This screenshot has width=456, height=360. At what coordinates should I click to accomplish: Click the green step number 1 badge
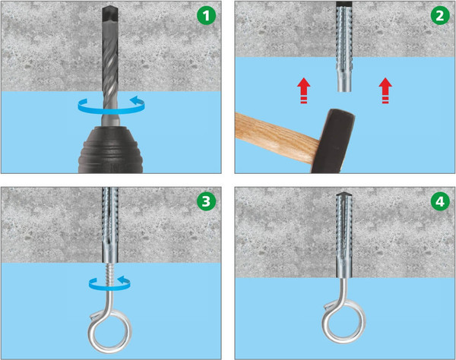[x=206, y=16]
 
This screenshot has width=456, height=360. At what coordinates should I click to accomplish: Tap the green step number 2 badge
[x=440, y=16]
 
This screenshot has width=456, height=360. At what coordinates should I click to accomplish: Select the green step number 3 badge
[x=206, y=201]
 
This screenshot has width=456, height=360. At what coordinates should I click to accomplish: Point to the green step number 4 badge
[x=440, y=201]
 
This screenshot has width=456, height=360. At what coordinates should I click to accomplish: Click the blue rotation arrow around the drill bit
[x=112, y=106]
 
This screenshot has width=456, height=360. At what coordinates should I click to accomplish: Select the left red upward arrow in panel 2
[x=303, y=90]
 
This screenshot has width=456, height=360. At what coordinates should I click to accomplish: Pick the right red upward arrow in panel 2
[x=385, y=90]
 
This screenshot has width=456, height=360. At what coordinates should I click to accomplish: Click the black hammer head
[x=334, y=141]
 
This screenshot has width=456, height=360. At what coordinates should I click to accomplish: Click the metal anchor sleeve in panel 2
[x=344, y=49]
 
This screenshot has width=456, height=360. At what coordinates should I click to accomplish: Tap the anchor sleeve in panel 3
[x=110, y=225]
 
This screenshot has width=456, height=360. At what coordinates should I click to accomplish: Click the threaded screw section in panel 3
[x=110, y=275]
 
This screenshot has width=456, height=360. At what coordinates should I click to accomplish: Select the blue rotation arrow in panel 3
[x=109, y=283]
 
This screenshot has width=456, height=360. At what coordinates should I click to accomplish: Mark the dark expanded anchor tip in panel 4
[x=344, y=194]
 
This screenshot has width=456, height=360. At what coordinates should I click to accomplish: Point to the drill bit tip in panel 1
[x=110, y=6]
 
